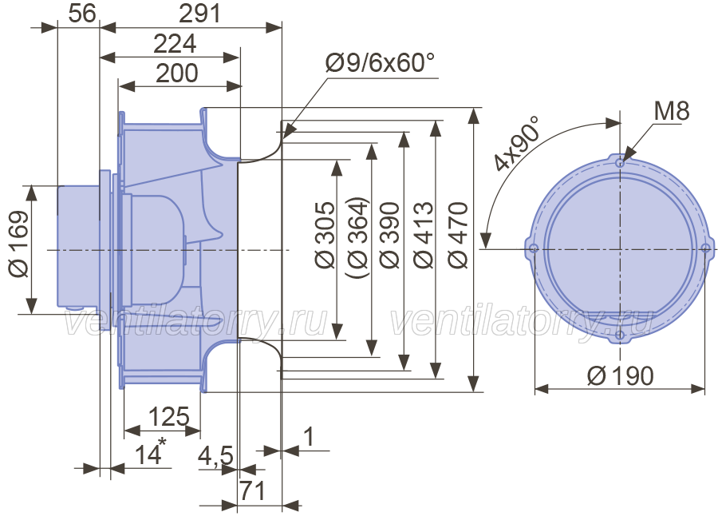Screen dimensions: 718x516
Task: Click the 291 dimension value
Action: [x=199, y=14]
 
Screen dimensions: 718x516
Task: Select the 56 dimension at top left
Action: [x=82, y=14]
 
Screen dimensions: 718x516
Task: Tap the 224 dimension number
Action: [x=175, y=44]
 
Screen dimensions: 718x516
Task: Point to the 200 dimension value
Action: [x=177, y=73]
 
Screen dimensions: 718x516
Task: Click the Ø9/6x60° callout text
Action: [x=380, y=62]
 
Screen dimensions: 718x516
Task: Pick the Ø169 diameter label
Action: [x=19, y=244]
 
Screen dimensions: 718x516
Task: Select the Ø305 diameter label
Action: [x=325, y=235]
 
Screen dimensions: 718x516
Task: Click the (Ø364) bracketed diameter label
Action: [x=357, y=237]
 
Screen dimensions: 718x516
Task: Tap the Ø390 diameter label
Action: [x=389, y=235]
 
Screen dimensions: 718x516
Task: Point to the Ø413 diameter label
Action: [x=423, y=235]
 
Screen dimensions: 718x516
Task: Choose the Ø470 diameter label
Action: [x=459, y=235]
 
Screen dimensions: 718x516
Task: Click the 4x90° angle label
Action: [x=515, y=143]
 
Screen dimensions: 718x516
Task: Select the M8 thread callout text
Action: [x=671, y=111]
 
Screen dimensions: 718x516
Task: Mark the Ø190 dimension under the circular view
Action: [x=621, y=376]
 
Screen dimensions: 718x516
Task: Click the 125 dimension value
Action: [x=169, y=416]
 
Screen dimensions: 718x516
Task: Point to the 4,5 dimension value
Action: [x=215, y=456]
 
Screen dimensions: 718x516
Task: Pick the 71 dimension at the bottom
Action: [x=253, y=490]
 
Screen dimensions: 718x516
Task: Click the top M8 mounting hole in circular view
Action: [x=620, y=163]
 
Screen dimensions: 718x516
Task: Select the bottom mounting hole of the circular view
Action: [x=620, y=335]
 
